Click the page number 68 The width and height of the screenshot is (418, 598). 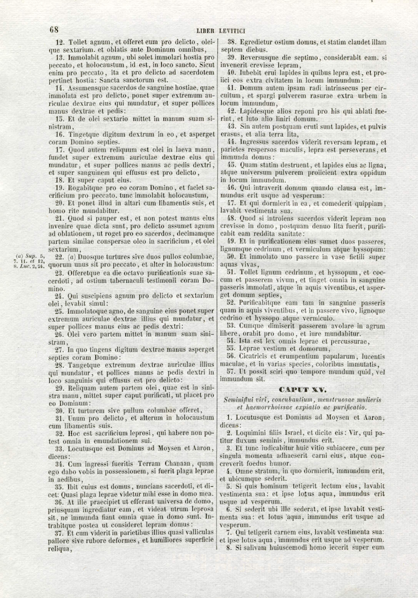tap(53, 30)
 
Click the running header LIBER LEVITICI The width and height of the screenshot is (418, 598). tap(221, 31)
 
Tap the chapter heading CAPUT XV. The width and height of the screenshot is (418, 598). tap(303, 389)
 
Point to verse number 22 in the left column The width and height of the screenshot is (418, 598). tap(60, 257)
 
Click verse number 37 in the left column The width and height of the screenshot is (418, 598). tap(59, 533)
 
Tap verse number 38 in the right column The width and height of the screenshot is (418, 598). tap(231, 42)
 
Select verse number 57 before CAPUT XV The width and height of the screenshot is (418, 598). tap(231, 372)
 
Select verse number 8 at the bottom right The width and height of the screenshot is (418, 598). tap(228, 548)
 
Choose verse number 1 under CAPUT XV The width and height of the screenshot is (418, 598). tap(229, 417)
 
